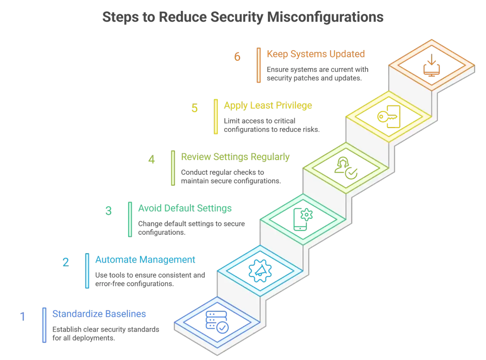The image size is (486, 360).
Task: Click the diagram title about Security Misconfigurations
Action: (242, 18)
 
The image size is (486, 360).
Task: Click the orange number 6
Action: (237, 56)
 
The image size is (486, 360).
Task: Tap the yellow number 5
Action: (194, 108)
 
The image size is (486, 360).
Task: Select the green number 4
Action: (152, 160)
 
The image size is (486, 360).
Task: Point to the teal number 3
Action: (108, 211)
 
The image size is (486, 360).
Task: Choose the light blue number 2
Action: (66, 262)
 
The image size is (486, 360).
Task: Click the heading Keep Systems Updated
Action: (316, 54)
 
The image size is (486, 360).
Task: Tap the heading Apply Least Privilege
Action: (268, 106)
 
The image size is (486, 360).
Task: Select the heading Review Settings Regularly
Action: (235, 157)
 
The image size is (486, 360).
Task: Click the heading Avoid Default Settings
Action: (185, 208)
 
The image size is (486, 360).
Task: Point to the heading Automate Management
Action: (145, 260)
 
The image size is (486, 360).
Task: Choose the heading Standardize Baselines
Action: (99, 314)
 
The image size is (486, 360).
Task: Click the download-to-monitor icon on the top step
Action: (431, 66)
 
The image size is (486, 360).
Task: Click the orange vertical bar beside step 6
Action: (259, 65)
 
